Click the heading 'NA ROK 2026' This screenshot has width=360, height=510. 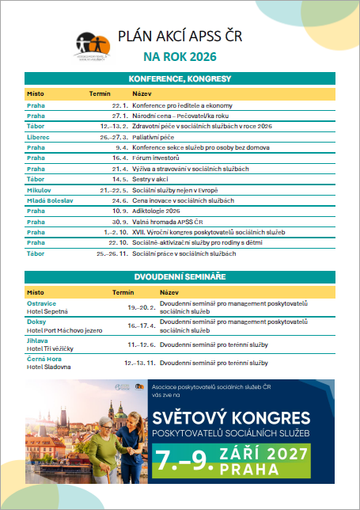tap(180, 57)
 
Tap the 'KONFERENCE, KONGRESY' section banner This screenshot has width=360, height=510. tap(180, 79)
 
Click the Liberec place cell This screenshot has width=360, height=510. tap(39, 137)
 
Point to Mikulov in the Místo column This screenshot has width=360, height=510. tap(39, 190)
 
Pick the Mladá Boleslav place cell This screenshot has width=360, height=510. tap(48, 200)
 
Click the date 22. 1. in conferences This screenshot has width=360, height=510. tap(119, 105)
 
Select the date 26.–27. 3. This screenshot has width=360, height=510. tap(115, 137)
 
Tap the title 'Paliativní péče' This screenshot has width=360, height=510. tap(156, 137)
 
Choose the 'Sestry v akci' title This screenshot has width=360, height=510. tap(153, 180)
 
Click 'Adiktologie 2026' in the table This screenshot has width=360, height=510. tap(158, 211)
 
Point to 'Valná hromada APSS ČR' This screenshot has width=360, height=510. tap(169, 222)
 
